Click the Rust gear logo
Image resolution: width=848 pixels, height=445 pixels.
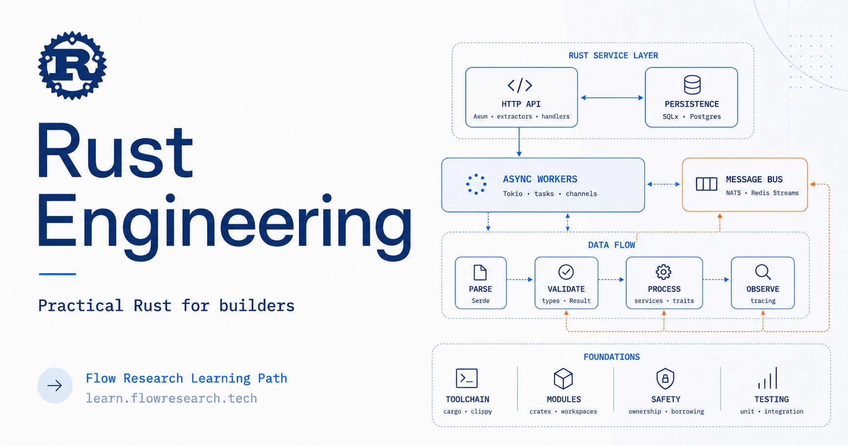pyautogui.click(x=73, y=66)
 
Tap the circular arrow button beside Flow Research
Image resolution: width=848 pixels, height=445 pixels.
pyautogui.click(x=55, y=386)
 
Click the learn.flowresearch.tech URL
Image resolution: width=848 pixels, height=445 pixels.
pyautogui.click(x=171, y=398)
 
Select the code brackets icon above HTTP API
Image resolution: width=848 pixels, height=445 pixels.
pyautogui.click(x=520, y=85)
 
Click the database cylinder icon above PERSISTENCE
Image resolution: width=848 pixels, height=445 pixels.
pyautogui.click(x=692, y=85)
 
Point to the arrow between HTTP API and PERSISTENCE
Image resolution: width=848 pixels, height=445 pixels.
pyautogui.click(x=612, y=98)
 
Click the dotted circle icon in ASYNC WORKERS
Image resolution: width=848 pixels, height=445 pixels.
pyautogui.click(x=476, y=185)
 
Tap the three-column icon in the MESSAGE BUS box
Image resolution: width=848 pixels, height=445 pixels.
pyautogui.click(x=706, y=184)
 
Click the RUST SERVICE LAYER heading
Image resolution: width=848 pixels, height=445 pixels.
pyautogui.click(x=613, y=56)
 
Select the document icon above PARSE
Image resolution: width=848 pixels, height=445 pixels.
pyautogui.click(x=480, y=272)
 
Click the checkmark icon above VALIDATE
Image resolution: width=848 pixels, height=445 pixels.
pyautogui.click(x=566, y=272)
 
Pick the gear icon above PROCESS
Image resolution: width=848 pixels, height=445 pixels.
pyautogui.click(x=663, y=272)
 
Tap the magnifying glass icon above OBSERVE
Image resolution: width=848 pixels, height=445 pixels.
pyautogui.click(x=763, y=272)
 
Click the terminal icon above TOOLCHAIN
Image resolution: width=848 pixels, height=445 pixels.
pyautogui.click(x=467, y=378)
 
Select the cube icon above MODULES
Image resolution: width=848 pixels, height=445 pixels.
pyautogui.click(x=563, y=378)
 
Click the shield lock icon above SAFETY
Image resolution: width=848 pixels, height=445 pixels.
pyautogui.click(x=665, y=378)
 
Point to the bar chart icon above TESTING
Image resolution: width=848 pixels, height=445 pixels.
pyautogui.click(x=768, y=378)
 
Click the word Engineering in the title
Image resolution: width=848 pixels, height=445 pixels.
pyautogui.click(x=224, y=225)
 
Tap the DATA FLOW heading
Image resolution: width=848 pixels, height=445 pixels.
pyautogui.click(x=611, y=245)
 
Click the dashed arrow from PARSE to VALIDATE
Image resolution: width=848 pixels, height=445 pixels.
pyautogui.click(x=520, y=280)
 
